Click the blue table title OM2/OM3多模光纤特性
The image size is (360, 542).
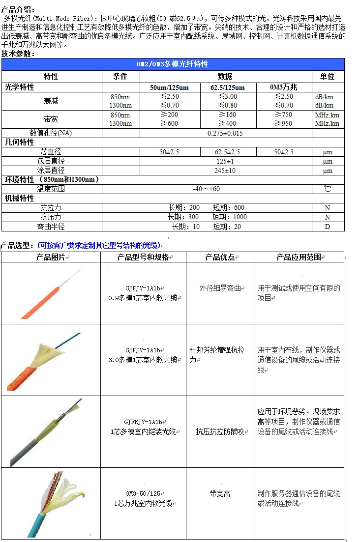(x=172, y=64)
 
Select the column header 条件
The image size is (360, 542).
(x=120, y=76)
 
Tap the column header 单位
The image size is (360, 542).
(x=327, y=76)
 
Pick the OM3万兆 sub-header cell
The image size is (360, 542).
(x=284, y=87)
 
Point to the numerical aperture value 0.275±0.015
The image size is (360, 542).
(x=225, y=133)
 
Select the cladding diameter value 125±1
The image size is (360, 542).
(x=225, y=161)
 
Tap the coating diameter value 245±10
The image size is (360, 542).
(x=225, y=171)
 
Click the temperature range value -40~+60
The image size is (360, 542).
(x=207, y=189)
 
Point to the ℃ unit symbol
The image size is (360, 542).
(x=328, y=189)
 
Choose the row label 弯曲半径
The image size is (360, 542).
(x=51, y=227)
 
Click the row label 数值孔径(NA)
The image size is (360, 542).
(x=51, y=133)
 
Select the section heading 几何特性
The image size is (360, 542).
(x=20, y=143)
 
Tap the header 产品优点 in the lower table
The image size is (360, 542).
(x=219, y=257)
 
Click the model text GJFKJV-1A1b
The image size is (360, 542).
(x=143, y=422)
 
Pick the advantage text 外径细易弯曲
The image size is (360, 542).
(x=220, y=288)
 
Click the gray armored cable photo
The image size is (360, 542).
(x=49, y=432)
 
